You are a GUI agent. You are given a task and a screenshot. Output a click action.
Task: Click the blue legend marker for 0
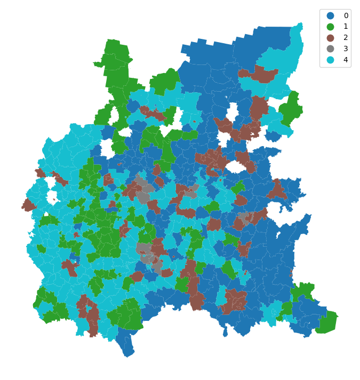click(x=331, y=16)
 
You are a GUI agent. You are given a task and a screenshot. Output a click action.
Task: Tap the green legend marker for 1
click(x=331, y=27)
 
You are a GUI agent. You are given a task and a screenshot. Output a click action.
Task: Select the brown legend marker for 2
click(x=331, y=38)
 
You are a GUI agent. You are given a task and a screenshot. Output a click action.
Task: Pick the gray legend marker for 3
click(x=331, y=48)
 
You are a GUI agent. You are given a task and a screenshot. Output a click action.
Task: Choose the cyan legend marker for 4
click(x=331, y=60)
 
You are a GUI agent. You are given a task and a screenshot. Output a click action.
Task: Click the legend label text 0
click(x=346, y=16)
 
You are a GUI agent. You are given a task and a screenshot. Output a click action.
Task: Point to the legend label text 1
click(x=346, y=27)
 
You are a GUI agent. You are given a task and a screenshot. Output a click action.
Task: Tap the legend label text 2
click(x=346, y=38)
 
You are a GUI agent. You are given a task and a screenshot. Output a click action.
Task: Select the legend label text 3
click(x=346, y=48)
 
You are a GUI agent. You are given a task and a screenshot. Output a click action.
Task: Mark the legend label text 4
click(x=346, y=60)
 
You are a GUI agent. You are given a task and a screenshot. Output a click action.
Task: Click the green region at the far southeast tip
click(x=327, y=322)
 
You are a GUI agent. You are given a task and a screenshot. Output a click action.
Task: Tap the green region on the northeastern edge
click(x=291, y=109)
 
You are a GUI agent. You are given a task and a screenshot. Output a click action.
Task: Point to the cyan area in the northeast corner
click(x=283, y=59)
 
